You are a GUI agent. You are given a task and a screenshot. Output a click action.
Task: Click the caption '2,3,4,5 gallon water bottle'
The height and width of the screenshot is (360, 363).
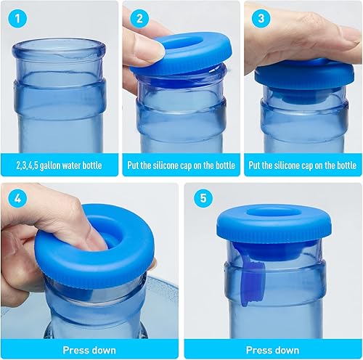click(x=59, y=165)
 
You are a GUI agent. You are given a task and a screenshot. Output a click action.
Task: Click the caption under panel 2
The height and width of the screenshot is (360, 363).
click(x=181, y=165)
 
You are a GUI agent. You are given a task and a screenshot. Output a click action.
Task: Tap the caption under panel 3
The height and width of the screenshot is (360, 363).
click(x=303, y=165)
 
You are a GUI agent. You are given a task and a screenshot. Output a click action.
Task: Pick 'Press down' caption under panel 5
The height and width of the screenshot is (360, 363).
click(x=272, y=349)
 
